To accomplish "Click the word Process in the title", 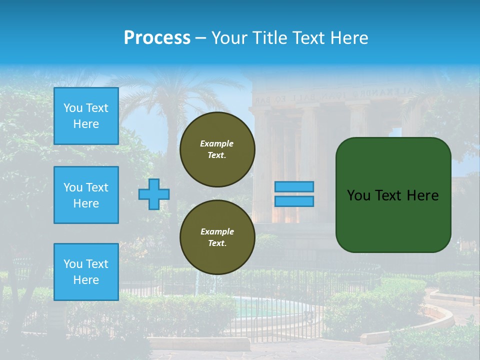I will [x=157, y=37].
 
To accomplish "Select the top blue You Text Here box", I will [x=86, y=116].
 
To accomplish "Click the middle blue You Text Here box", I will [x=86, y=195].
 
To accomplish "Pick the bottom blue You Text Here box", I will [x=86, y=272].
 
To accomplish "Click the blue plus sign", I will [x=154, y=194].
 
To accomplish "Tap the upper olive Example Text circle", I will [x=217, y=149].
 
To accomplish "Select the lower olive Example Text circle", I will [x=217, y=237].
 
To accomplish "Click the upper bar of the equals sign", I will [x=294, y=186].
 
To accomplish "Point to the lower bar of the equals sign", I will [x=294, y=201].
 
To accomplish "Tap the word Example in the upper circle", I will [x=217, y=143].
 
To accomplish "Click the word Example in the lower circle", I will [x=217, y=231].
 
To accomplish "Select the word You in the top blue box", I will [x=73, y=108].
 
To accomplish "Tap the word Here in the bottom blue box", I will [x=86, y=280].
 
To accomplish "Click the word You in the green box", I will [x=358, y=195].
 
